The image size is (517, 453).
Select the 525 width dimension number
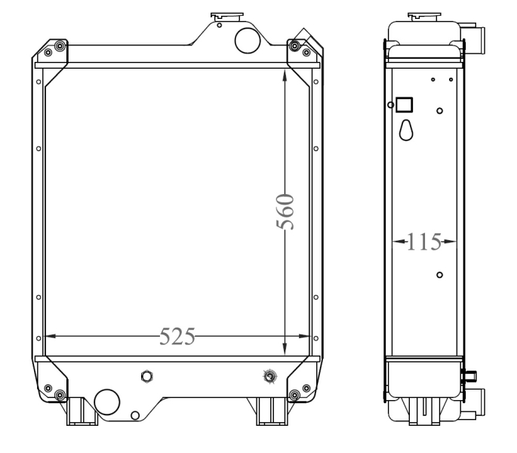pos(177,336)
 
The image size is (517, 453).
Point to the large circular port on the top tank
pos(248,41)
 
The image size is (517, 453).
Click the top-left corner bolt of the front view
pos(49,52)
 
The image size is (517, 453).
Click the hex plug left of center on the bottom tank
pos(146,375)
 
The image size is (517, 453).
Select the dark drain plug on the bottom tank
pos(269,375)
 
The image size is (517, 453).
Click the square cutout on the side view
pos(405,104)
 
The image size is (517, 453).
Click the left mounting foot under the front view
pos(78,411)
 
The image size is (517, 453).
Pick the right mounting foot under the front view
pos(269,411)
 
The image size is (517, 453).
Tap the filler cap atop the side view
pos(420,16)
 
